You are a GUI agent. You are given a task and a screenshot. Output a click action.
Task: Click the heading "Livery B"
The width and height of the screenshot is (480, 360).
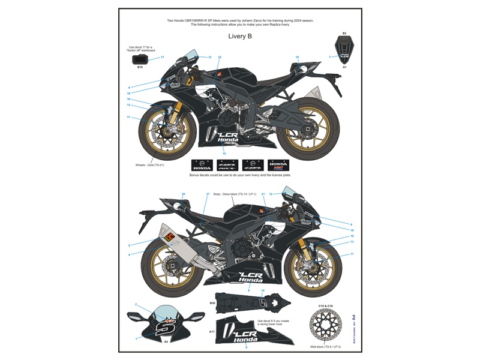tap(240, 37)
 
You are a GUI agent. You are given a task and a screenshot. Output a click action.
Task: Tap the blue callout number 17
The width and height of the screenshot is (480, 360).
tap(162, 57)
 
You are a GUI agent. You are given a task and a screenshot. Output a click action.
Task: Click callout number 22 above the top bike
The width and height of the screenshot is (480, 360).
tap(220, 57)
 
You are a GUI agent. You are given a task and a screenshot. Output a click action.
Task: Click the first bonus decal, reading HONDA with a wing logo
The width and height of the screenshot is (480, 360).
tap(202, 165)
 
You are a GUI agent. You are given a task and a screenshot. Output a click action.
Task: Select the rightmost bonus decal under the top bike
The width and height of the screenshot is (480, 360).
tap(278, 165)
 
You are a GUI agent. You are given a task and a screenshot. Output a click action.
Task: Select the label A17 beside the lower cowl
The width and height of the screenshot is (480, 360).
tap(212, 331)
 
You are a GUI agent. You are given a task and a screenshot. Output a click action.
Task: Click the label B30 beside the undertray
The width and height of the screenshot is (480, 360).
tap(212, 304)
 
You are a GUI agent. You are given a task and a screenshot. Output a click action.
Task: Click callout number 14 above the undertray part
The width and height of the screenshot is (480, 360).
tap(262, 290)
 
